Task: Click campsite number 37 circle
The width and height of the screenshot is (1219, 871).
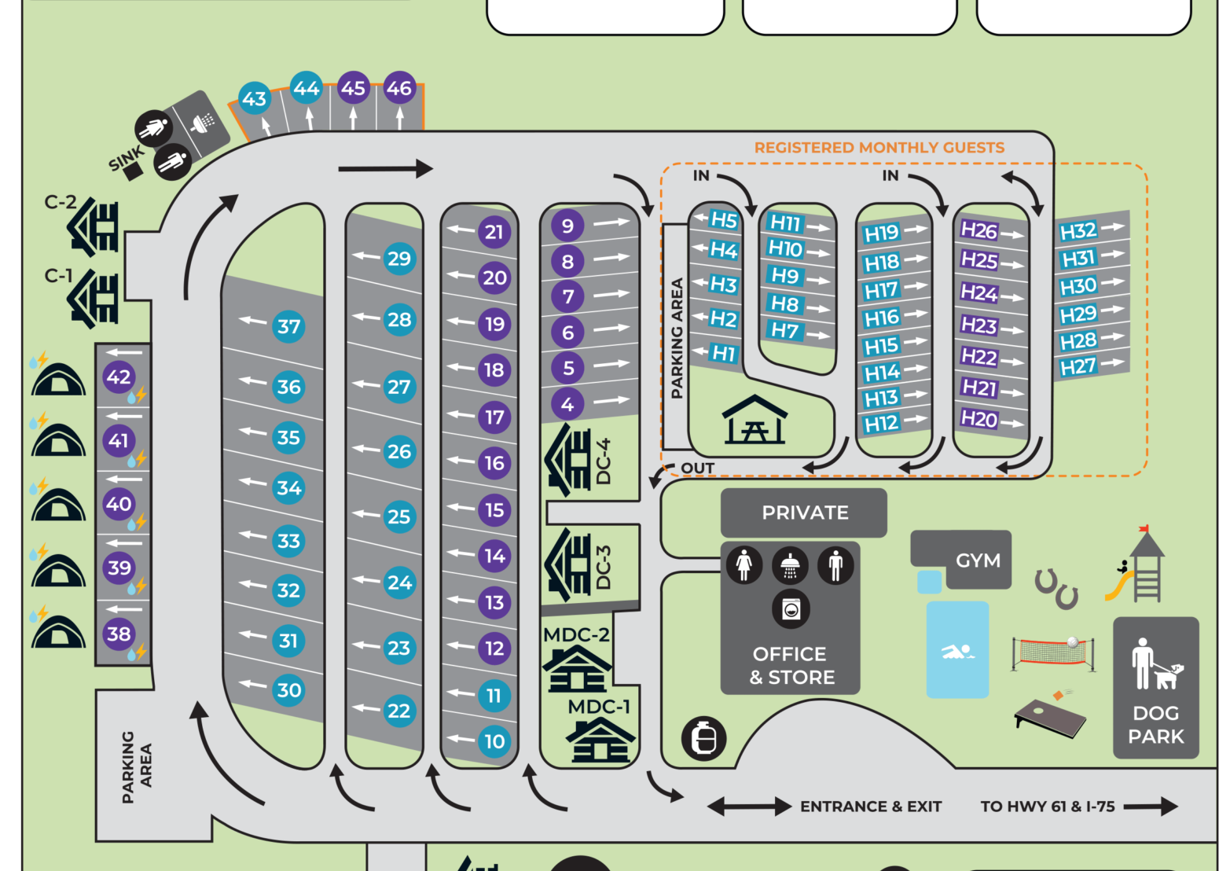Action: pyautogui.click(x=288, y=326)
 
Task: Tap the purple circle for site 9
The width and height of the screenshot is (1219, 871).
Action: pyautogui.click(x=567, y=226)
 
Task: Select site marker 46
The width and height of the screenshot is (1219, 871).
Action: pyautogui.click(x=399, y=88)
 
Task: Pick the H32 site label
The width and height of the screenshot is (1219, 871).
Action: pyautogui.click(x=1078, y=231)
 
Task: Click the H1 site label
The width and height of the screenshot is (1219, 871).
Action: pyautogui.click(x=723, y=354)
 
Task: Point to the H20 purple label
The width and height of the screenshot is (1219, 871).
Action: pyautogui.click(x=979, y=419)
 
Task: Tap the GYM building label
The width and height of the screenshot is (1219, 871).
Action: pyautogui.click(x=978, y=560)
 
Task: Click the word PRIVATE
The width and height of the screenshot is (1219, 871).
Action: pyautogui.click(x=805, y=513)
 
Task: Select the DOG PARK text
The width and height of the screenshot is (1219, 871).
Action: pyautogui.click(x=1155, y=724)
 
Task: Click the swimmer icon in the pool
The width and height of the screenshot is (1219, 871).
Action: pyautogui.click(x=957, y=651)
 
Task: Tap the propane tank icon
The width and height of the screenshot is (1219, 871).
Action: pyautogui.click(x=703, y=738)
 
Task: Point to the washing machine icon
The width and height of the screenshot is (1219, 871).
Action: pyautogui.click(x=791, y=608)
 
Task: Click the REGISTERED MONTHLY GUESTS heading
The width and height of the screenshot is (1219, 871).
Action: pyautogui.click(x=879, y=148)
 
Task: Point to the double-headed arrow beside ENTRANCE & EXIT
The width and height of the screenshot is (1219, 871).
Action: pyautogui.click(x=749, y=807)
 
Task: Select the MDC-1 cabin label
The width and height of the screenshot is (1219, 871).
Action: pyautogui.click(x=599, y=707)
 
